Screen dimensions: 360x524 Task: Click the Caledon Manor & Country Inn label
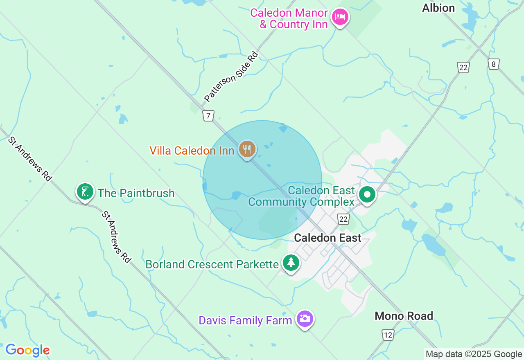[x=289, y=18]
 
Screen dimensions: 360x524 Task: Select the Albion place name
[x=438, y=8]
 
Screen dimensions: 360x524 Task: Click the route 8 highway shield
[x=494, y=64]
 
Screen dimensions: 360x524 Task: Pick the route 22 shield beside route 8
[x=463, y=67]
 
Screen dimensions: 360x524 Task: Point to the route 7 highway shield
[x=208, y=116]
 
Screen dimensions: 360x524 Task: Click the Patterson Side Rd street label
[x=232, y=76]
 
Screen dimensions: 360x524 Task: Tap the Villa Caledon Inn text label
[x=192, y=151]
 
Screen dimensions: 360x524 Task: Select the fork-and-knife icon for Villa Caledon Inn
[x=247, y=149]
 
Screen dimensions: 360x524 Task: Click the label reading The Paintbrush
[x=136, y=193]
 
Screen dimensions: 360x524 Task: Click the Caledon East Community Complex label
[x=301, y=196]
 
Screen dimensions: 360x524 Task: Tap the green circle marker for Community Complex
[x=367, y=195]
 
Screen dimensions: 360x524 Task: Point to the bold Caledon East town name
[x=327, y=238]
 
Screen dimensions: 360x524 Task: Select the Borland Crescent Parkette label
[x=212, y=264]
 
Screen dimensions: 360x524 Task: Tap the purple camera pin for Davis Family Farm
[x=305, y=319]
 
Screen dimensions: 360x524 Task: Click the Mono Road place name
[x=404, y=316]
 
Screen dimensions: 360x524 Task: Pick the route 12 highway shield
[x=388, y=335]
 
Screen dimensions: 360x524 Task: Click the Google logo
[x=27, y=350]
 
